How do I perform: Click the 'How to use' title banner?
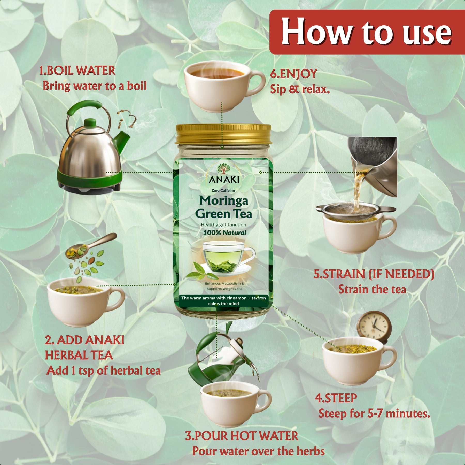click(x=367, y=32)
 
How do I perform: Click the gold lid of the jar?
click(x=223, y=134)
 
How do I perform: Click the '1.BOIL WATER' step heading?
click(x=77, y=71)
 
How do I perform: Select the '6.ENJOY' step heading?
click(x=293, y=74)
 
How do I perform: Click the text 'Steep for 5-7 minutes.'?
click(x=374, y=414)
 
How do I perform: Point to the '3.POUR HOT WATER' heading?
click(x=242, y=436)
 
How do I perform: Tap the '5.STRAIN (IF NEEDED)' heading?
click(x=374, y=274)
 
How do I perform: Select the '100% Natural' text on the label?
click(x=224, y=233)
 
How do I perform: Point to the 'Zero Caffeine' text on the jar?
click(x=223, y=190)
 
